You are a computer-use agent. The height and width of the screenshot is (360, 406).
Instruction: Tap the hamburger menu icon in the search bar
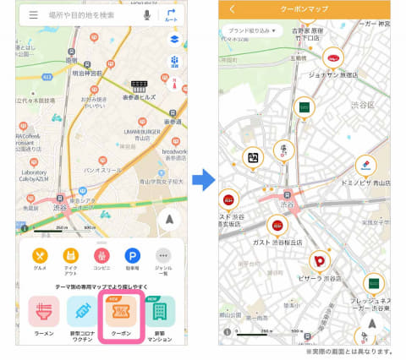pyautogui.click(x=33, y=14)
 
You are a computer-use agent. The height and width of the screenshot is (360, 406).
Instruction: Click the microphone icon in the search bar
pyautogui.click(x=146, y=14)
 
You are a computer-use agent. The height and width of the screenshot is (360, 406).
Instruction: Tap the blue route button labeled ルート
pyautogui.click(x=172, y=14)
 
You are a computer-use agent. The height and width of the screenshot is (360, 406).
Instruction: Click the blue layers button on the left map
pyautogui.click(x=173, y=39)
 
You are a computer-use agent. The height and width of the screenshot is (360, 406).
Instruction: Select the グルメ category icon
pyautogui.click(x=40, y=256)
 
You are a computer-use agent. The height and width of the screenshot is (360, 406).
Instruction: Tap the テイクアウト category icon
pyautogui.click(x=71, y=256)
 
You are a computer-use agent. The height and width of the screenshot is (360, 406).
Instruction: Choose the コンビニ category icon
pyautogui.click(x=101, y=256)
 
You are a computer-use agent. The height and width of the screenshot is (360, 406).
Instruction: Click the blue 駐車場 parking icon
pyautogui.click(x=132, y=256)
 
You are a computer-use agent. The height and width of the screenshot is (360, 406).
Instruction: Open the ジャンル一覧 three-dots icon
pyautogui.click(x=163, y=256)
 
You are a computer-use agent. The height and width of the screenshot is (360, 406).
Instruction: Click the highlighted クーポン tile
pyautogui.click(x=121, y=314)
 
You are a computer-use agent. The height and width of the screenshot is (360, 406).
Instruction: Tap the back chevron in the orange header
pyautogui.click(x=232, y=9)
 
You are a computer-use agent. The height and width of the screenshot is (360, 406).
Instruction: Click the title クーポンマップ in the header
pyautogui.click(x=304, y=9)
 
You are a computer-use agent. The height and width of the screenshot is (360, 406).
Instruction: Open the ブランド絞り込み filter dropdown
pyautogui.click(x=251, y=30)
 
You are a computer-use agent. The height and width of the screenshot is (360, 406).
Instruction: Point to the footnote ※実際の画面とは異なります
pyautogui.click(x=349, y=352)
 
